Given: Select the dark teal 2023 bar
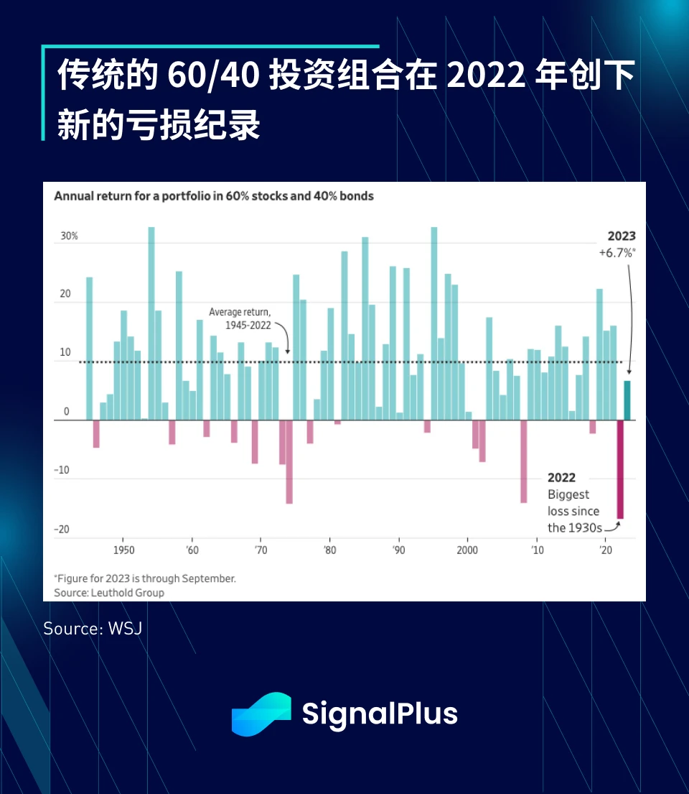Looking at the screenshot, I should click(627, 401).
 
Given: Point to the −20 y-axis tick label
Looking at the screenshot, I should click(62, 530).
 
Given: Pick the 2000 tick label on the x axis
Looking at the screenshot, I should click(467, 550).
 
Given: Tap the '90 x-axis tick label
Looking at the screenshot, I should click(398, 550).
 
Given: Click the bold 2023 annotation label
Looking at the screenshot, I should click(622, 236).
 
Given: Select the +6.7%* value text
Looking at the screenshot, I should click(617, 253).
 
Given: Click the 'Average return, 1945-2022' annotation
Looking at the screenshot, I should click(240, 318).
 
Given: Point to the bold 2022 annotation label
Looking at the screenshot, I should click(561, 478).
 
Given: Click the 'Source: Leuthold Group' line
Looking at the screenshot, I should click(109, 593).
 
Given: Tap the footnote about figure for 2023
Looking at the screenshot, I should click(145, 578).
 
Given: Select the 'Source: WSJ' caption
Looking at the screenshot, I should click(93, 628).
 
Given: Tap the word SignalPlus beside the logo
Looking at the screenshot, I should click(379, 714).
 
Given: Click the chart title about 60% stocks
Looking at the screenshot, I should click(214, 196).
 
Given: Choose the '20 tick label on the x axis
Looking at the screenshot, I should click(605, 550).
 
